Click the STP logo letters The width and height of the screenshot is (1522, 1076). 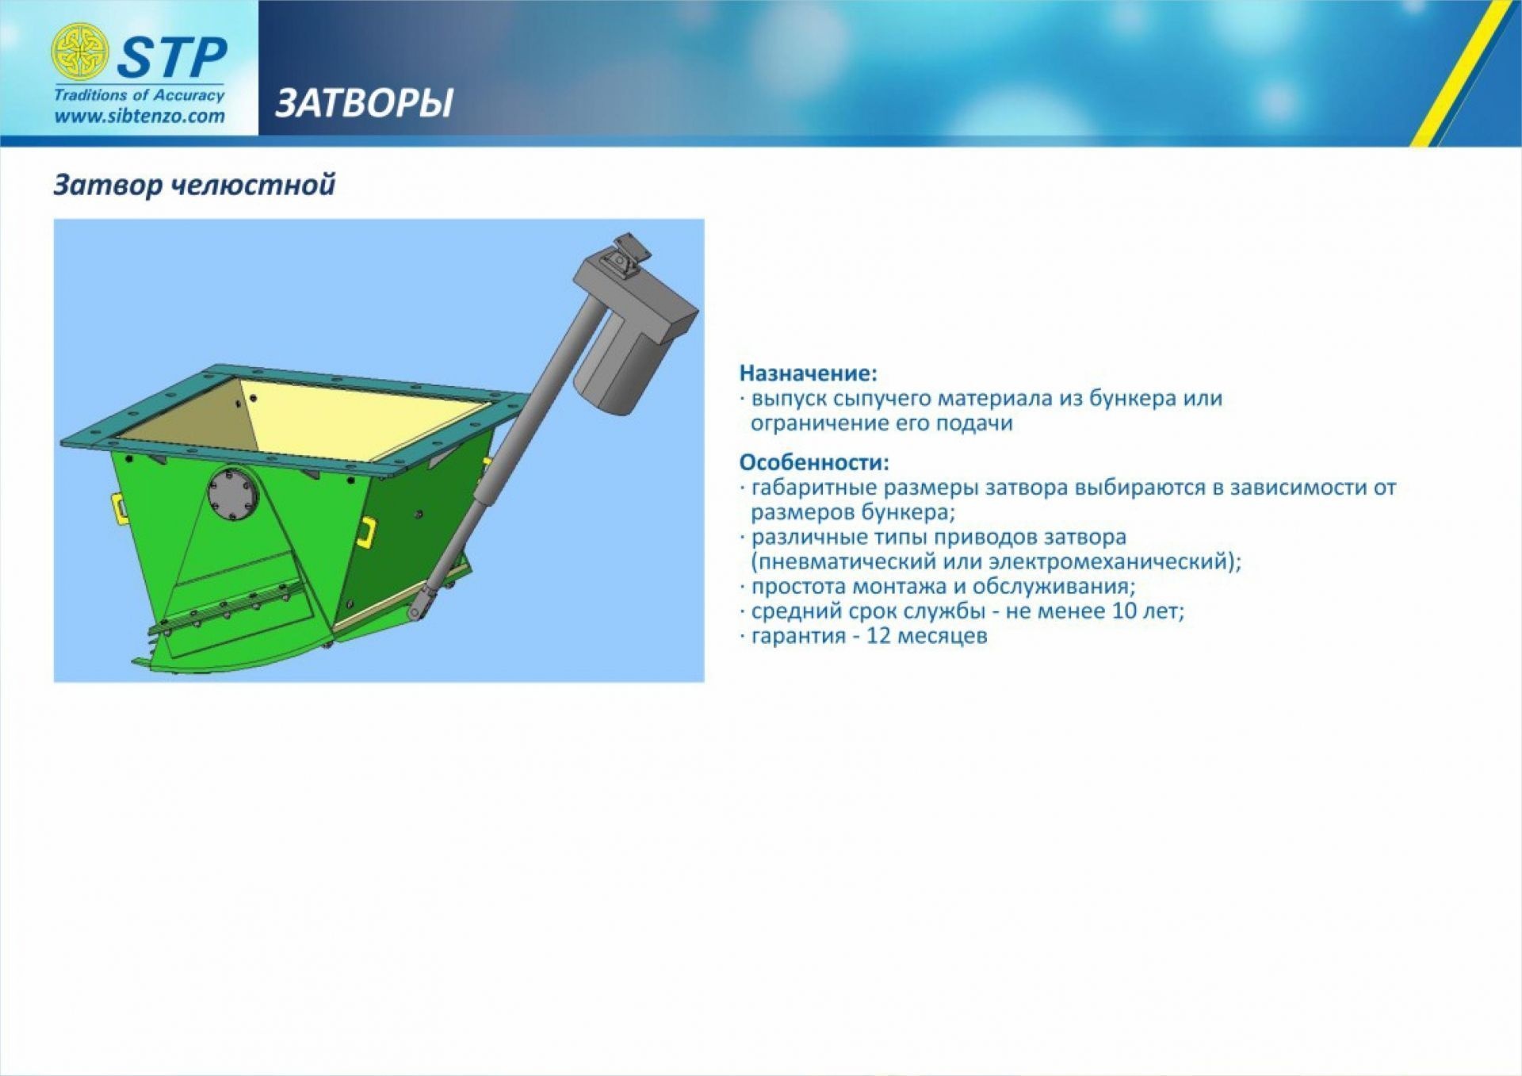pyautogui.click(x=172, y=57)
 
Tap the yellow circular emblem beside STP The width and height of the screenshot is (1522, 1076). pyautogui.click(x=79, y=52)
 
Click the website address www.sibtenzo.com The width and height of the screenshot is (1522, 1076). pyautogui.click(x=140, y=116)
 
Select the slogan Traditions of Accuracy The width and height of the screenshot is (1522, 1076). pyautogui.click(x=140, y=95)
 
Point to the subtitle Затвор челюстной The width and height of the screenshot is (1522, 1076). pyautogui.click(x=194, y=185)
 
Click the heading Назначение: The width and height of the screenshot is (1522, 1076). pyautogui.click(x=809, y=373)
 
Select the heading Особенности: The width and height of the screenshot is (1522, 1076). pyautogui.click(x=814, y=461)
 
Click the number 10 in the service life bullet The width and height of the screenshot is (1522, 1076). pyautogui.click(x=1125, y=611)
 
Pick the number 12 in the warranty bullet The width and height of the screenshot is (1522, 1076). pyautogui.click(x=879, y=636)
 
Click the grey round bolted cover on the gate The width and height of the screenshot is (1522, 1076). pyautogui.click(x=233, y=495)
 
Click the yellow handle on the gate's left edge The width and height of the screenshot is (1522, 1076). pyautogui.click(x=118, y=508)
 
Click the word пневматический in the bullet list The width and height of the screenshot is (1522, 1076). pyautogui.click(x=843, y=561)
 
